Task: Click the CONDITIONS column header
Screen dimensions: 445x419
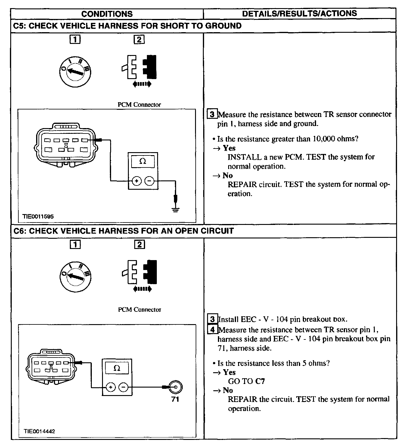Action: click(x=107, y=14)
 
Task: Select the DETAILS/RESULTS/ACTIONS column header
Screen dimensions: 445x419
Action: click(x=300, y=14)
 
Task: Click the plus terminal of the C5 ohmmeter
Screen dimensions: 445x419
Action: click(x=137, y=181)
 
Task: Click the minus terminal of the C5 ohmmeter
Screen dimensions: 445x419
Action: click(x=150, y=181)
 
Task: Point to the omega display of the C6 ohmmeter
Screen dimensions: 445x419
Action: click(x=117, y=368)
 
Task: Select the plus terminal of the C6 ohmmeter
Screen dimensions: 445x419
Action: click(x=110, y=387)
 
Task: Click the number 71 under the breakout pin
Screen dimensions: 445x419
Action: click(x=175, y=399)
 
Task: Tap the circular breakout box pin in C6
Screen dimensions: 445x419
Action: click(x=175, y=387)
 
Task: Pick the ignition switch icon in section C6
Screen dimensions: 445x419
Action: click(x=76, y=276)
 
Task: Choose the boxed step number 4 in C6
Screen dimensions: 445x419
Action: click(x=213, y=330)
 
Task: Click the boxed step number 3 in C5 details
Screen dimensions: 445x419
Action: click(x=212, y=114)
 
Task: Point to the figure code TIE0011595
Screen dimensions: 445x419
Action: click(x=38, y=216)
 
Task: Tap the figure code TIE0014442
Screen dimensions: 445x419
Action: click(x=39, y=431)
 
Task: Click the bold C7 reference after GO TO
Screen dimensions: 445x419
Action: click(x=260, y=381)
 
